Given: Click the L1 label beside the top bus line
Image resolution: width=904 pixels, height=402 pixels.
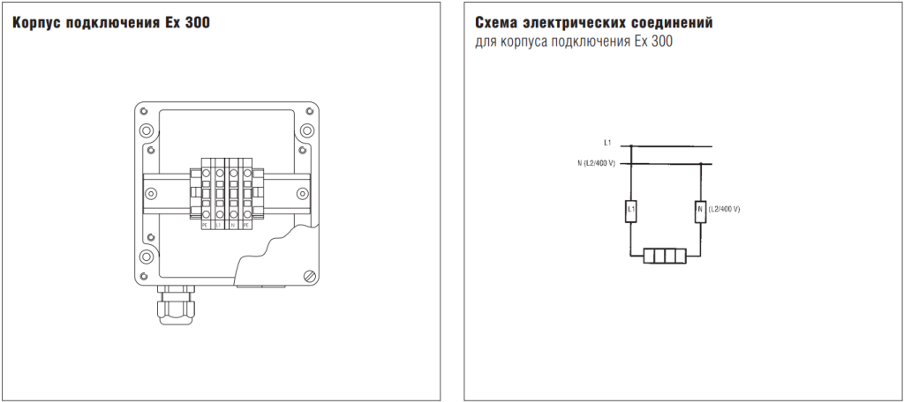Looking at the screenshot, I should click(x=607, y=142).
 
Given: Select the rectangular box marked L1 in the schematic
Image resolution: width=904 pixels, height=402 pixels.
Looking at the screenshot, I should click(x=631, y=211).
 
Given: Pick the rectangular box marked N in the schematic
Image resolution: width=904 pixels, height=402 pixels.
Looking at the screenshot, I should click(x=699, y=211).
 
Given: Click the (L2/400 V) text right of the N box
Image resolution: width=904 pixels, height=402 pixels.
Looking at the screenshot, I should click(x=724, y=209).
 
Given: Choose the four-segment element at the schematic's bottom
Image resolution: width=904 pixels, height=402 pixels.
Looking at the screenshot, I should click(x=664, y=256).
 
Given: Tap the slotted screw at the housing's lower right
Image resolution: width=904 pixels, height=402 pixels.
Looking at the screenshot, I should click(x=308, y=277).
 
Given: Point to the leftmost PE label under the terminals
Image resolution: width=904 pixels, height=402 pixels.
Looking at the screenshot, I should click(x=204, y=226).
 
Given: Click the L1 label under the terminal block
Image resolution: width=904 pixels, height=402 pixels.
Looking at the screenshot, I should click(x=218, y=226).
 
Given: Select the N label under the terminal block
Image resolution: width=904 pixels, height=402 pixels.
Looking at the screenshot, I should click(x=232, y=226).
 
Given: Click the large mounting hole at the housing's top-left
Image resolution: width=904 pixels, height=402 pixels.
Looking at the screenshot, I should click(x=147, y=130).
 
